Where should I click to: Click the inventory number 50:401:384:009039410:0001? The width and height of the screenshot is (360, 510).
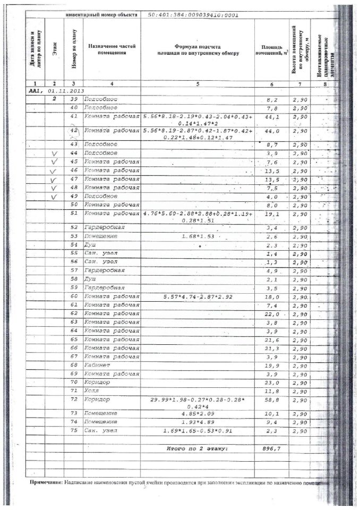coord(194,15)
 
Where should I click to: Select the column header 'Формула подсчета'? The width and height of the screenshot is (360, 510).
coord(198,46)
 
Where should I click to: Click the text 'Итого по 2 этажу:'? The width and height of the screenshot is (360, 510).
coord(197,449)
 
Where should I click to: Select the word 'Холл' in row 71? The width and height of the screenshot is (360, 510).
coord(92,390)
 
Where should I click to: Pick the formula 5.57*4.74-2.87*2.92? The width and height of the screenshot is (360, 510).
coord(197,296)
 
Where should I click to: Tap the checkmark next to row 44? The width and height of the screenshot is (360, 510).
coord(54,154)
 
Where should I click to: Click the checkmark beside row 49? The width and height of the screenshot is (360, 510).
coord(54,197)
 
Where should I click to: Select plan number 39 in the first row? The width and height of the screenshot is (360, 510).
coord(74,99)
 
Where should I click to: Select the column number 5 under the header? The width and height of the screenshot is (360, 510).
coord(198,84)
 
